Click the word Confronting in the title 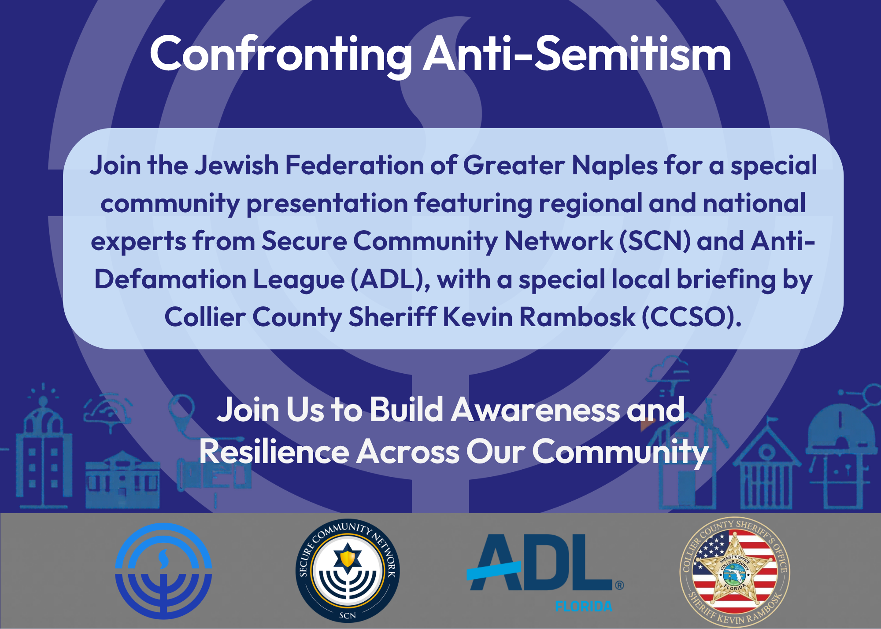281,55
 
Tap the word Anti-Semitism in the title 577,54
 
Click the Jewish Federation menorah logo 163,571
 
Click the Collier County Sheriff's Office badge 735,571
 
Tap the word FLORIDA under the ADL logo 584,607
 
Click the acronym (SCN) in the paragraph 655,241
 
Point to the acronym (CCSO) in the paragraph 692,317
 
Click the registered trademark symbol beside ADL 619,585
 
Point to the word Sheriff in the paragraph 393,317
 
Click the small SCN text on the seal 348,615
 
